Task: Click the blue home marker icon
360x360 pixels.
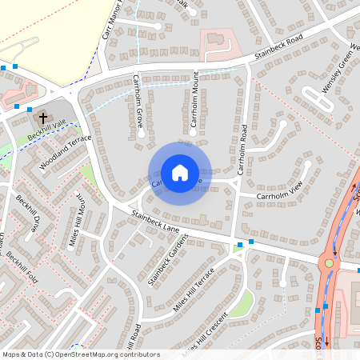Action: [x=180, y=172]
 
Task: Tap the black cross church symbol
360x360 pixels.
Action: [x=42, y=118]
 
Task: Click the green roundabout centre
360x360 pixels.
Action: [x=328, y=262]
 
